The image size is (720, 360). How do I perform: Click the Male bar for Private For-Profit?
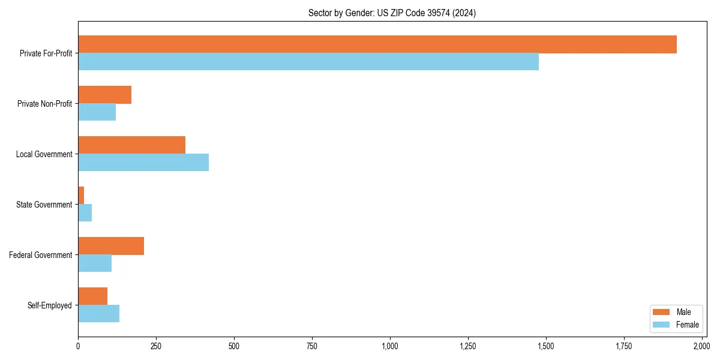377,44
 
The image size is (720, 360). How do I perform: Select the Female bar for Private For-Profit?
308,62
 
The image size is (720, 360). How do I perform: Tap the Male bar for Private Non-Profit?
104,95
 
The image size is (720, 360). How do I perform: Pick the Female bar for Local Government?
143,163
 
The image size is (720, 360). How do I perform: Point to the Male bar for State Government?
81,196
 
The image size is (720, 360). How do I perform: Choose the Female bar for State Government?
85,213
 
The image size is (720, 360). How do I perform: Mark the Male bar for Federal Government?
111,246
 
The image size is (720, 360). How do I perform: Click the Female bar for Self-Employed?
98,314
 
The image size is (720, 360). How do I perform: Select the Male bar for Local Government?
131,145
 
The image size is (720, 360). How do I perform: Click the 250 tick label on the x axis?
156,346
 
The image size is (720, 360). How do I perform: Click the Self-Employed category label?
50,305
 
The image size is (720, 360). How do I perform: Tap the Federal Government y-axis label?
41,255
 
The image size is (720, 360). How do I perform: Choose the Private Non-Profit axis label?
45,104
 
